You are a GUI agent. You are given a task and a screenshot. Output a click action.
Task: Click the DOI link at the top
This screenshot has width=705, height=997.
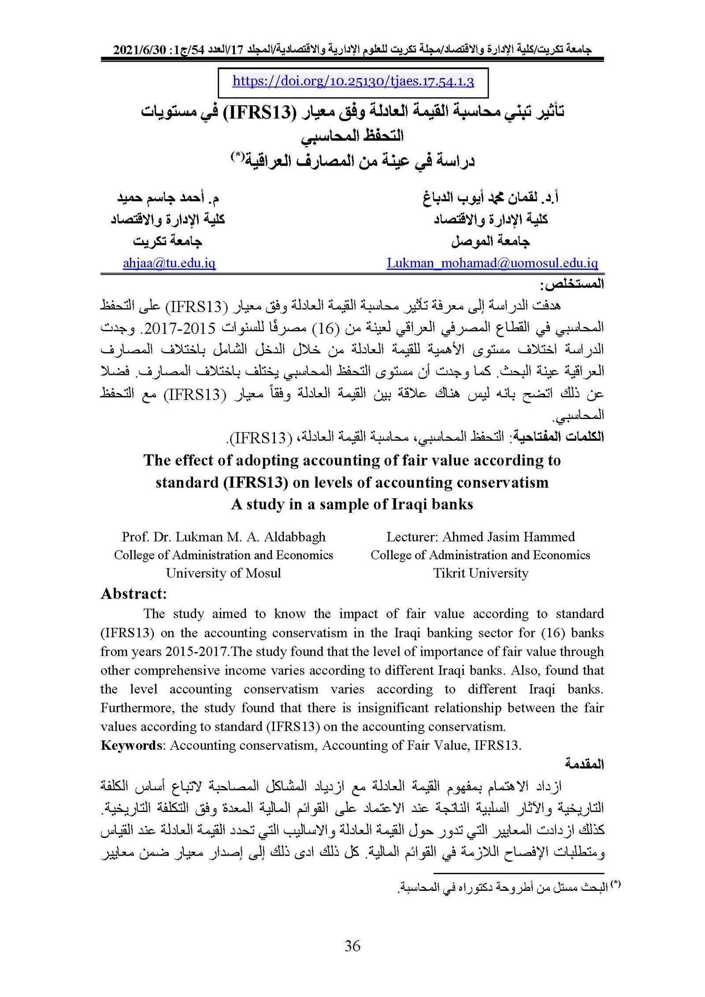[353, 82]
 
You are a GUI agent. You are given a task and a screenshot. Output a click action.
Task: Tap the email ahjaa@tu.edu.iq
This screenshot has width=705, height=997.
[169, 263]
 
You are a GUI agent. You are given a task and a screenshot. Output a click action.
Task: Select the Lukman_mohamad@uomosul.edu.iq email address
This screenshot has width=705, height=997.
[492, 263]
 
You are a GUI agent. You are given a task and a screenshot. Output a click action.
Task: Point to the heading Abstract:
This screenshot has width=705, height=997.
[134, 594]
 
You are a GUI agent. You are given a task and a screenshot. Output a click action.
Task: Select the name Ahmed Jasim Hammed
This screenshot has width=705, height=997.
[508, 537]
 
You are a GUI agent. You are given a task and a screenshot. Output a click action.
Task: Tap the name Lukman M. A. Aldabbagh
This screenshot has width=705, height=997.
[251, 537]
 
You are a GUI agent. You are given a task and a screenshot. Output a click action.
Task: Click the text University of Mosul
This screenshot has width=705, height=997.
[223, 573]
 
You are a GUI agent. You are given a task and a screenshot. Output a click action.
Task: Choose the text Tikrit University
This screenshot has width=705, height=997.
[480, 573]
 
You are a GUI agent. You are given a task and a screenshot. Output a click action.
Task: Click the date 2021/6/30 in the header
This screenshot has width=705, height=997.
[139, 50]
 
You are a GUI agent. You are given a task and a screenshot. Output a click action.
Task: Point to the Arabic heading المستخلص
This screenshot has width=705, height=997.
[572, 285]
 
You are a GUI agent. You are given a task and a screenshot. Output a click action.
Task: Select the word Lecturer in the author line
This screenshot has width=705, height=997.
[411, 537]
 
